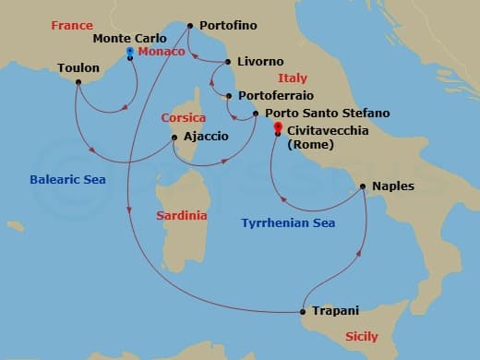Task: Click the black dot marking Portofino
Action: pyautogui.click(x=189, y=26)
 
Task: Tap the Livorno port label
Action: pyautogui.click(x=260, y=62)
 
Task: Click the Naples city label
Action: pyautogui.click(x=393, y=186)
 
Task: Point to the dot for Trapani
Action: pyautogui.click(x=304, y=311)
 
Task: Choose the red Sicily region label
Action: pyautogui.click(x=361, y=337)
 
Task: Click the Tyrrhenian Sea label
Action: pyautogui.click(x=288, y=223)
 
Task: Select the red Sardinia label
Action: pyautogui.click(x=182, y=215)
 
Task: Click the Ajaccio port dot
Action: pyautogui.click(x=174, y=138)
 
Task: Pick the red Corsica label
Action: pyautogui.click(x=183, y=118)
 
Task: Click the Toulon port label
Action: pyautogui.click(x=78, y=68)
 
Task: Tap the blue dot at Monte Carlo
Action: pyautogui.click(x=129, y=51)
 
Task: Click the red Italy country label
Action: pyautogui.click(x=293, y=78)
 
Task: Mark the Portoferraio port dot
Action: pyautogui.click(x=229, y=95)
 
